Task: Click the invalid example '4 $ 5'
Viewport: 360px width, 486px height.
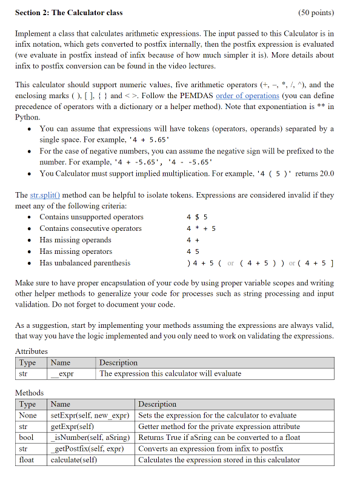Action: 197,217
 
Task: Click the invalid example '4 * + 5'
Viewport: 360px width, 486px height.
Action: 201,228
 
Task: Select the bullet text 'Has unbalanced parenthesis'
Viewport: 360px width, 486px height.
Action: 85,263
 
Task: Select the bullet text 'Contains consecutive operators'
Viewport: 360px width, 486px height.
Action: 90,228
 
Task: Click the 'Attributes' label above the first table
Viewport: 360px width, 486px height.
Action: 31,351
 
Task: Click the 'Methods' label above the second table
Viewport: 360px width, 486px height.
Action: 29,393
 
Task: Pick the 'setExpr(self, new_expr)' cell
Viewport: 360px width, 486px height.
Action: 90,416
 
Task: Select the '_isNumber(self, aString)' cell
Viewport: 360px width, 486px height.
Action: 91,438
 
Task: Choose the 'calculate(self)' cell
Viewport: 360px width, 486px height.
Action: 75,460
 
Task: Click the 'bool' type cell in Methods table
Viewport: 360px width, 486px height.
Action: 26,438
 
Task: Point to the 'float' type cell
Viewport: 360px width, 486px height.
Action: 27,460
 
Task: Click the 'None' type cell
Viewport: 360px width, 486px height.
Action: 28,416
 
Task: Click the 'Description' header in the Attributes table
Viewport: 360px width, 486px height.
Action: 118,362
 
